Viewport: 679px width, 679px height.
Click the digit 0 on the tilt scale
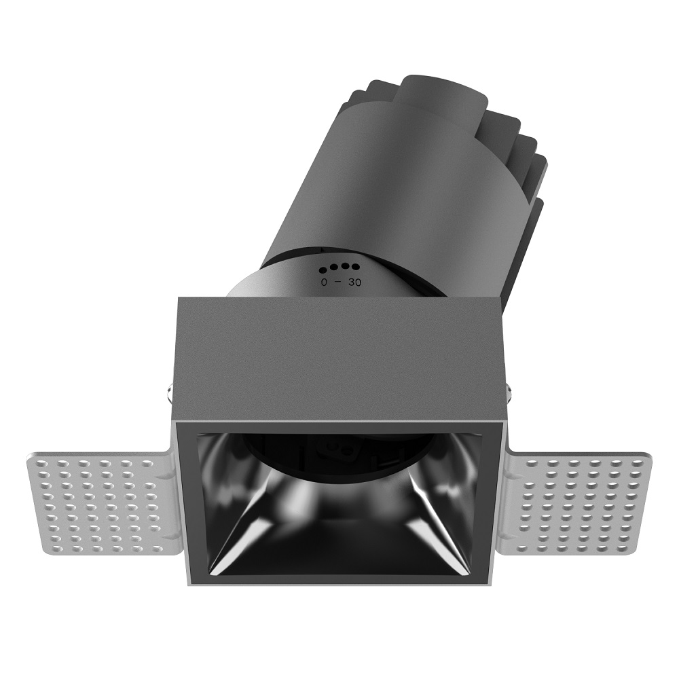(323, 282)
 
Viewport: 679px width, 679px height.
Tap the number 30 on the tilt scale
(354, 282)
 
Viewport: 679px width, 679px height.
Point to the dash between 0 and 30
(339, 282)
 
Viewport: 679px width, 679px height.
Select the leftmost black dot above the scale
(323, 271)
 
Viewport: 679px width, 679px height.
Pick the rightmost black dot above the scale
(356, 266)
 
